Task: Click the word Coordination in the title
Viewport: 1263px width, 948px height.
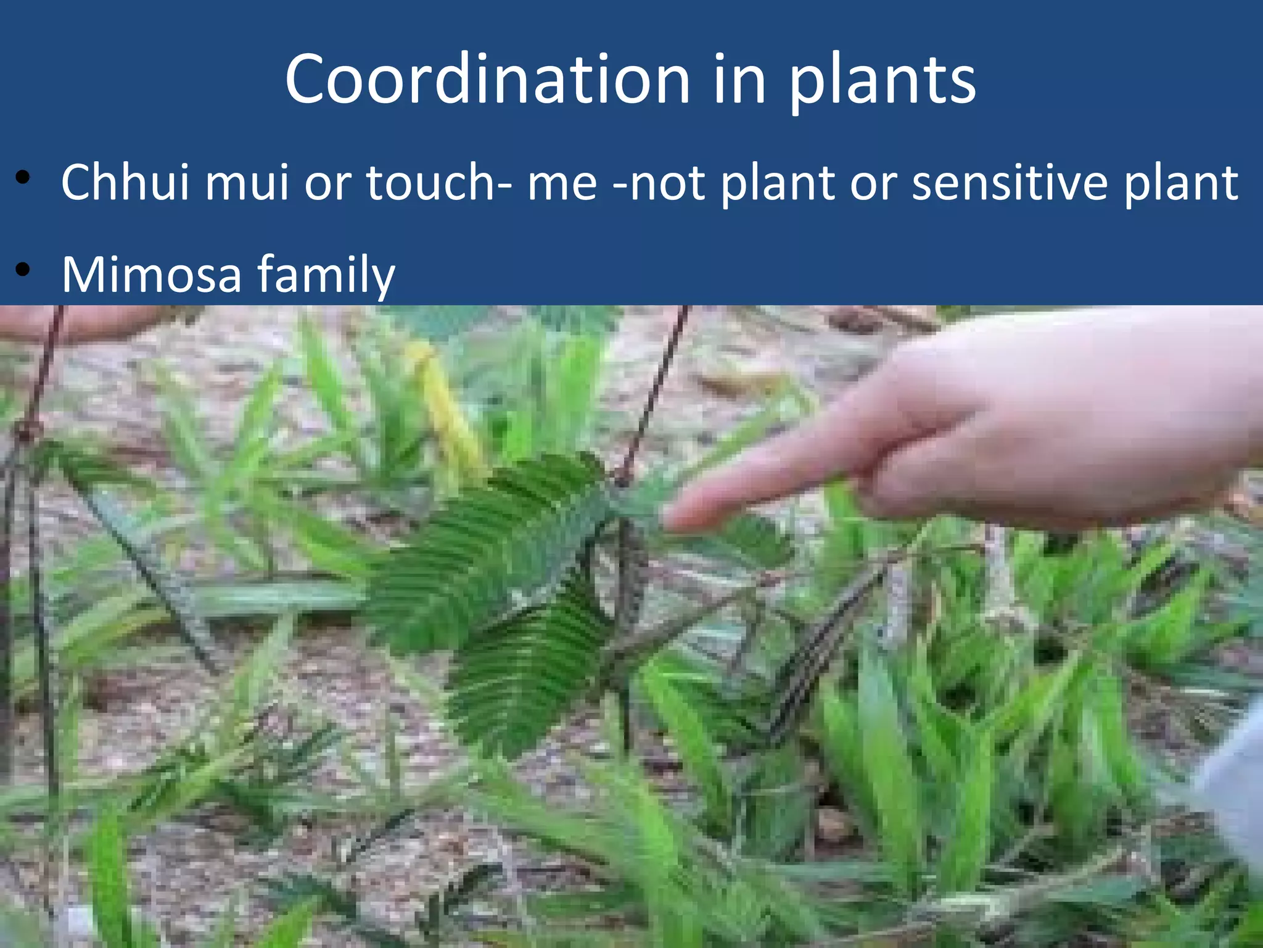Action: point(487,80)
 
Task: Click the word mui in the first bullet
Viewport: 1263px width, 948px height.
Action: point(247,183)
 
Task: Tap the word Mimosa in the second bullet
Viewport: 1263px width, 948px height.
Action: point(151,274)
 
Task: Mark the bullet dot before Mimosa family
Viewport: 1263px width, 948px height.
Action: point(23,270)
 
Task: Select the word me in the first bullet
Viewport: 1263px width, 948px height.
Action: point(562,183)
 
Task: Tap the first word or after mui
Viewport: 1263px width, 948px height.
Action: point(327,183)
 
